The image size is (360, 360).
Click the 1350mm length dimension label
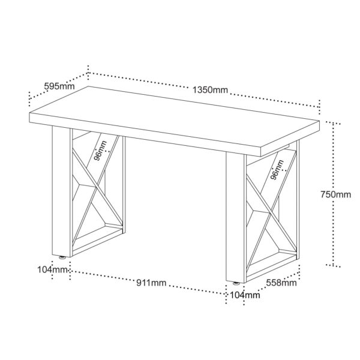tap(210, 90)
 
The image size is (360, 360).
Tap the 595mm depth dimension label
tap(59, 86)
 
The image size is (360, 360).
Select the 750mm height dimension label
tap(336, 194)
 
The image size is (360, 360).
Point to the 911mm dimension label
tap(151, 283)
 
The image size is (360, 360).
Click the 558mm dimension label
tap(281, 283)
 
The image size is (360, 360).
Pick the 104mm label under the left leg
tap(53, 269)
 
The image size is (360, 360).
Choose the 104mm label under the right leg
tap(245, 295)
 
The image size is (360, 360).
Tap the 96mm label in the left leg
tap(101, 151)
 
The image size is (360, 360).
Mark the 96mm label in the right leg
tap(277, 170)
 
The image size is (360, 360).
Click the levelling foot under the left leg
tap(62, 257)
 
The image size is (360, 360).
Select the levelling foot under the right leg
tap(236, 283)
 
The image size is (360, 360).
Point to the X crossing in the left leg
tap(96, 187)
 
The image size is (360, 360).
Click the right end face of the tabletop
tap(290, 139)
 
